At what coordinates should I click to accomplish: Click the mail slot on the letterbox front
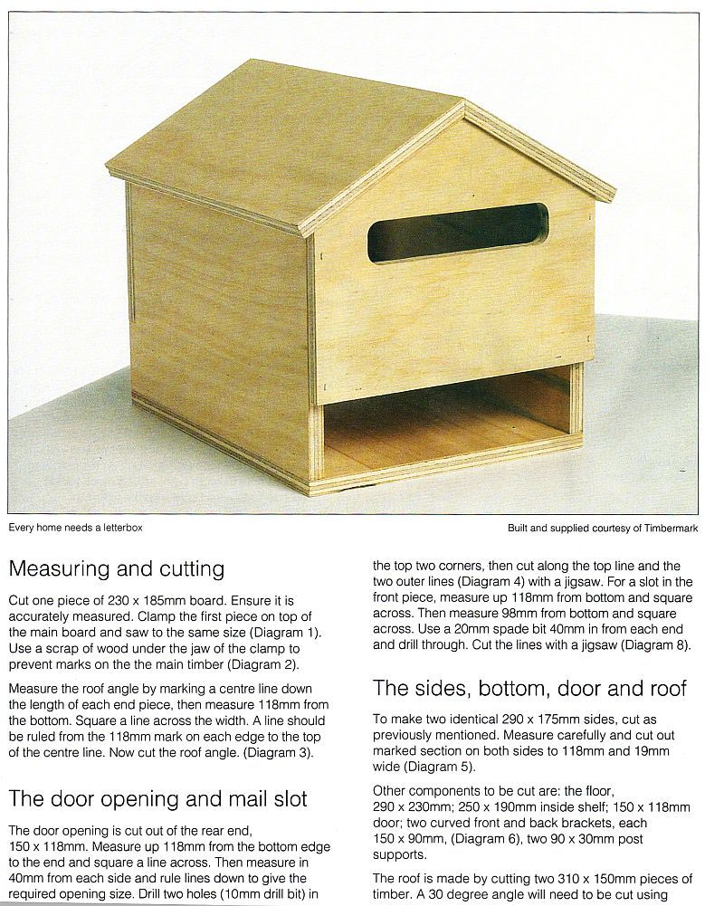[x=457, y=232]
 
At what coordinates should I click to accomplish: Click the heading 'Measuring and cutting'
[x=116, y=568]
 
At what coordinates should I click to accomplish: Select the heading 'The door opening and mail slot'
[x=157, y=798]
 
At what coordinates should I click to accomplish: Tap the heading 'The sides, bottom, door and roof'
[x=529, y=688]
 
